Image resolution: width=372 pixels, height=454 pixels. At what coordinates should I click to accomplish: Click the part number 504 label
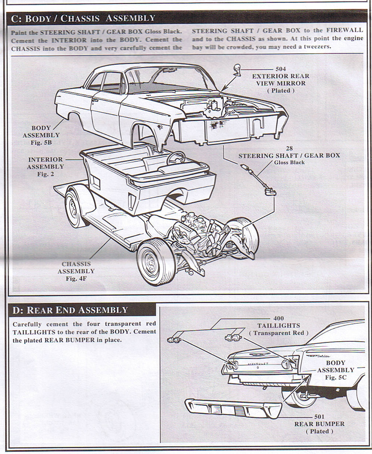280,69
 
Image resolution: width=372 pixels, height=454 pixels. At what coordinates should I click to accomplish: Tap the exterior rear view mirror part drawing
238,69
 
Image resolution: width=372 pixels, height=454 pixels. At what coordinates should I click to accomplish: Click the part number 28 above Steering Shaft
289,148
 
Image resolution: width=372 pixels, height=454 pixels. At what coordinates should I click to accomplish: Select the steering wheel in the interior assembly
176,158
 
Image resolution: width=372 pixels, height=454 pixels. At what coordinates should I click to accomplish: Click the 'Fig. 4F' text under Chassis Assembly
76,279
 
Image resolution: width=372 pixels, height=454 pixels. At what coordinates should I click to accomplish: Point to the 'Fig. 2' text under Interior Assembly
45,174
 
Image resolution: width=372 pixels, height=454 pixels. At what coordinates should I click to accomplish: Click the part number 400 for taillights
279,318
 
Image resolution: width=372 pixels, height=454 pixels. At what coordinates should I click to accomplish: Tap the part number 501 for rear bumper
319,417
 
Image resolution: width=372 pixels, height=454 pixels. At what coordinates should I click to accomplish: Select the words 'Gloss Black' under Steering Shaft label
289,162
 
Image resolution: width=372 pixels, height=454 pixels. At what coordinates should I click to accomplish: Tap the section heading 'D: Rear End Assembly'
70,310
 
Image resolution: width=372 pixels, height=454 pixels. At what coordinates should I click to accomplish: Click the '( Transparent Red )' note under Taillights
279,333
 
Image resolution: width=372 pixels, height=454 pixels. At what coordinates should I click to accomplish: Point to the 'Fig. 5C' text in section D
336,377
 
